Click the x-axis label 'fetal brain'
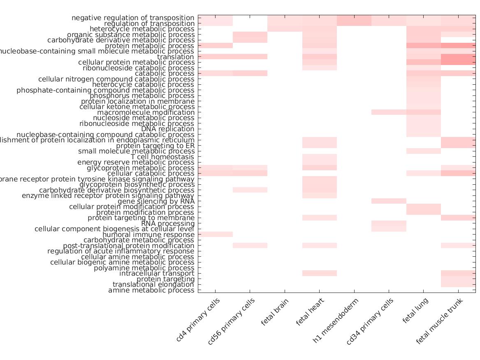point(275,312)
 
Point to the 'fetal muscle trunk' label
point(439,321)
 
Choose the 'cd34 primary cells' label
point(370,322)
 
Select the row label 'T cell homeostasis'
point(162,157)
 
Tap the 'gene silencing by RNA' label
point(156,201)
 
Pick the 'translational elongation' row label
point(153,284)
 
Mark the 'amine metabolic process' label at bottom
point(151,290)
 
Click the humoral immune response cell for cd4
point(216,235)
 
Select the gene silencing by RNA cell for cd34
point(389,201)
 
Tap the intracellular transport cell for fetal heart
point(320,273)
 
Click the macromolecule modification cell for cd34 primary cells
point(389,112)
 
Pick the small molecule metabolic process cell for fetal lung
point(424,151)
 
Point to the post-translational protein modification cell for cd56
point(250,246)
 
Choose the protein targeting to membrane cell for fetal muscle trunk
point(458,218)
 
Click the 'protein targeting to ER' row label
point(155,146)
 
